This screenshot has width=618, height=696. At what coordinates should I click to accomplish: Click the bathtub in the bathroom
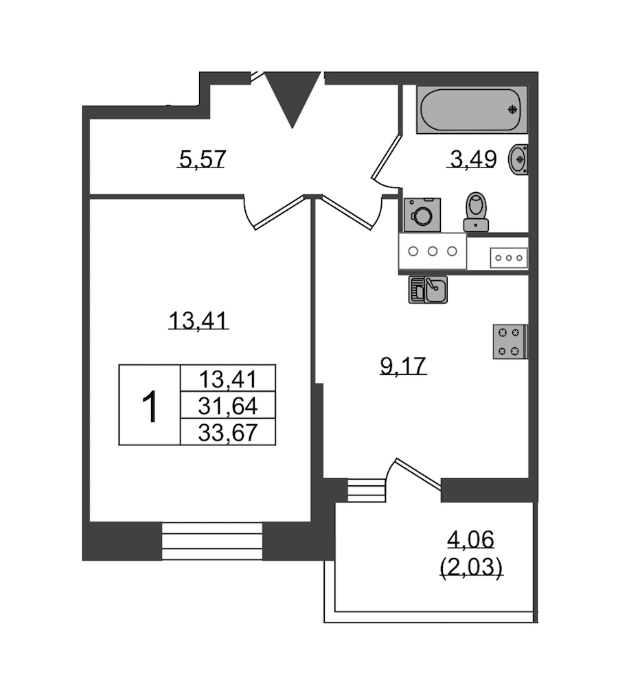point(472,109)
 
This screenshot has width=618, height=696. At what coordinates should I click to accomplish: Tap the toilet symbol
point(476,211)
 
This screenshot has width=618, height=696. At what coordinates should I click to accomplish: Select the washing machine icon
point(422,215)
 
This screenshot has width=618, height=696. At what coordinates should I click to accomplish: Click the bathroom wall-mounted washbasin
point(519,159)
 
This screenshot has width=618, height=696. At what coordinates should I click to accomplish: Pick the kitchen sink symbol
point(428,290)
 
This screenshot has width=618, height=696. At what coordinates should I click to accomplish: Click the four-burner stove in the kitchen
point(510,341)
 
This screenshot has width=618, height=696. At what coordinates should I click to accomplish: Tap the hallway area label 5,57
point(202,159)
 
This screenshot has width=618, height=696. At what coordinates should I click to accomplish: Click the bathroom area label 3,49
point(472,159)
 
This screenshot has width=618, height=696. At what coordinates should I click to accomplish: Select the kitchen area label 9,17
point(403,366)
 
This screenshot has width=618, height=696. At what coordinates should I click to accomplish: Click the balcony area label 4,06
point(470,540)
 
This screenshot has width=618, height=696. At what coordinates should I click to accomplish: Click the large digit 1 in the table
point(150,406)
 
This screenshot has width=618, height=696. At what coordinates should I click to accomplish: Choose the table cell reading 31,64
point(228,406)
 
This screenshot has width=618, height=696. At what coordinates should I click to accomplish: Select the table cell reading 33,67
point(228,432)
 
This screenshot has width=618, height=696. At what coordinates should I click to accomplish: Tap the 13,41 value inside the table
point(228,379)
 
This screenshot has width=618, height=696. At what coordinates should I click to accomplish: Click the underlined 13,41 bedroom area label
point(199,321)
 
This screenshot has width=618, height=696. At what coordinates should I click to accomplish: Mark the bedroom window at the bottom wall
point(212,541)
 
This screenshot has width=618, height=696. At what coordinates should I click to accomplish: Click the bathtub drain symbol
point(513,109)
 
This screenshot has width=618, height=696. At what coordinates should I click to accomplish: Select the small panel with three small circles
point(509,258)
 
